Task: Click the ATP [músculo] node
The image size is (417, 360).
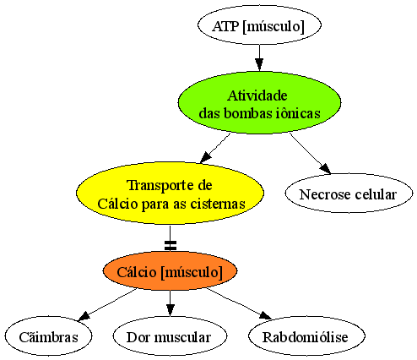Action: click(259, 25)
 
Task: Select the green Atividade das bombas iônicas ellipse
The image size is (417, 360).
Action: click(259, 102)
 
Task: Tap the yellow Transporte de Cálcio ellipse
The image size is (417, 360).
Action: click(170, 194)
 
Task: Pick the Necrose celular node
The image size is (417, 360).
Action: click(349, 194)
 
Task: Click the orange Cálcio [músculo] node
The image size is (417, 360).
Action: click(170, 271)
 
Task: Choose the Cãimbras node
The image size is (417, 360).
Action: click(48, 336)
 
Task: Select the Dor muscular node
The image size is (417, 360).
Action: click(170, 336)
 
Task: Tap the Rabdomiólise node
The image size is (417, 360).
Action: click(306, 336)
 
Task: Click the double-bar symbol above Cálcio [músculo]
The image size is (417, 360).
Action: click(171, 245)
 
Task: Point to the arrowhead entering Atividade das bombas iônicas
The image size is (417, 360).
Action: click(259, 65)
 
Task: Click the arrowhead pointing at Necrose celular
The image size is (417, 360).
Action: click(326, 168)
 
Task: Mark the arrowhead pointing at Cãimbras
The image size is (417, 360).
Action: click(84, 316)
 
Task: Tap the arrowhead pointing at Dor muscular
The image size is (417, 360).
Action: click(170, 310)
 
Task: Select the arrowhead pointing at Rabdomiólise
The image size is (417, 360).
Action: click(265, 315)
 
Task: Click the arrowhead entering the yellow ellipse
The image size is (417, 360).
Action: click(206, 157)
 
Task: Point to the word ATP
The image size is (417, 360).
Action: click(225, 26)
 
